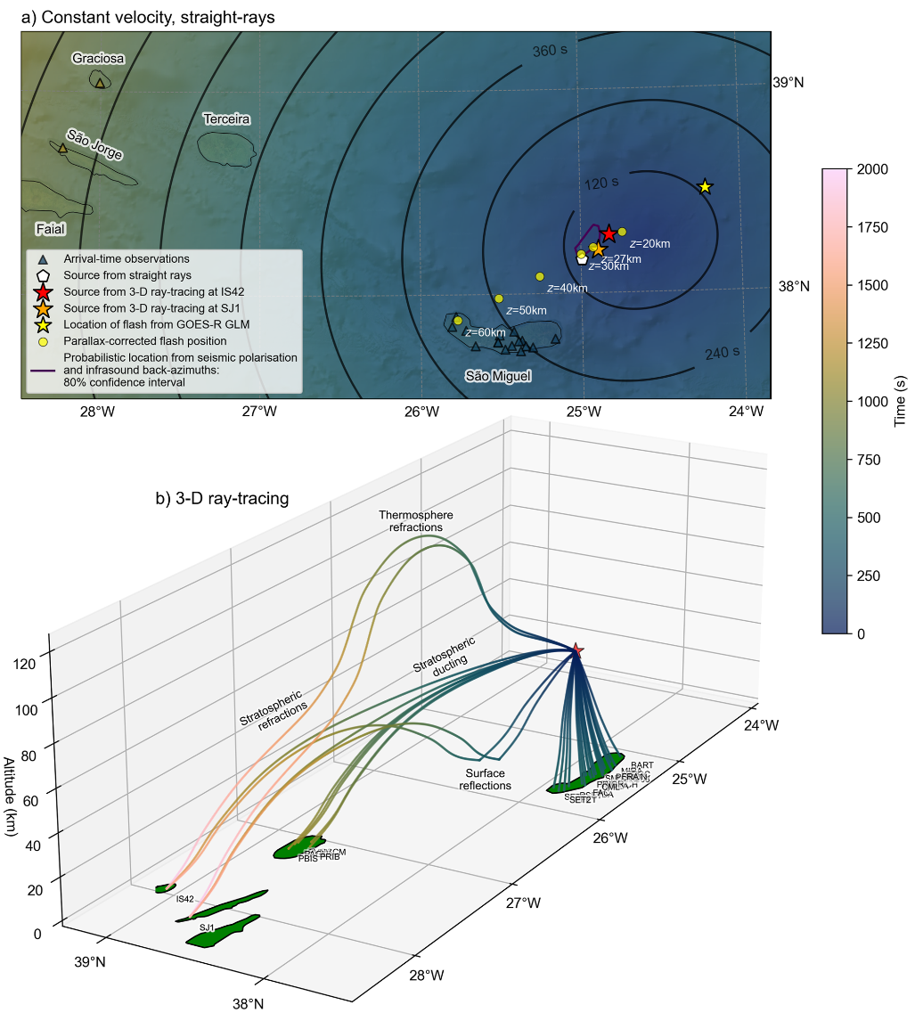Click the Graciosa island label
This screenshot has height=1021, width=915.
[98, 59]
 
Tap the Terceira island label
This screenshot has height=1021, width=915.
[226, 119]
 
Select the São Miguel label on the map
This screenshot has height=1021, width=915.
[498, 377]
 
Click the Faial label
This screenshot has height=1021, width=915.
[51, 230]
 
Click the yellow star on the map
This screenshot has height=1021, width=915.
[705, 187]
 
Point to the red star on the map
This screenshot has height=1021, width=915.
[609, 233]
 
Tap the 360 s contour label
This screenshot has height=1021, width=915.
[550, 52]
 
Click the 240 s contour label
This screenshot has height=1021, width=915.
[723, 354]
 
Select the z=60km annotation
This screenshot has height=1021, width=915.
[486, 332]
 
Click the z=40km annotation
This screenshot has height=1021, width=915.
[568, 288]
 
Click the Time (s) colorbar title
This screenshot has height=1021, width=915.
[900, 400]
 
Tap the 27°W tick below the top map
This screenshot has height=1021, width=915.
[258, 412]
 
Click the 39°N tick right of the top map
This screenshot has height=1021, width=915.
[788, 83]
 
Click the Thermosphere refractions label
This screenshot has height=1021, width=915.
[416, 521]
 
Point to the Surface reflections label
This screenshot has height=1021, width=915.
[485, 780]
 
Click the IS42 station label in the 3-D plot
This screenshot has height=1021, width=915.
[184, 899]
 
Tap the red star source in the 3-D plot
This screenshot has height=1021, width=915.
[577, 650]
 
